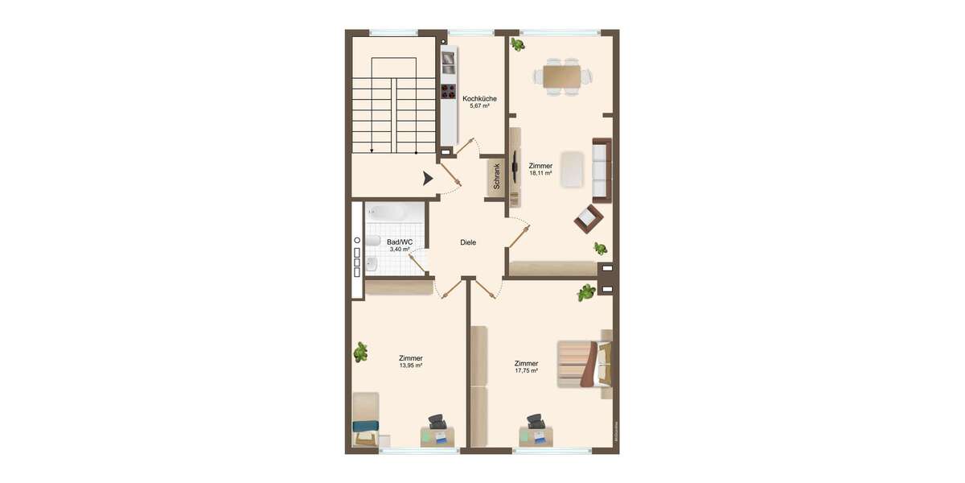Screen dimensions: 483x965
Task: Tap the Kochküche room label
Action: [479, 98]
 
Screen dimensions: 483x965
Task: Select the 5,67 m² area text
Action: [479, 105]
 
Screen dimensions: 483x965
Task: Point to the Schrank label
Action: [497, 176]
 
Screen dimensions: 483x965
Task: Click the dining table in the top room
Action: [562, 76]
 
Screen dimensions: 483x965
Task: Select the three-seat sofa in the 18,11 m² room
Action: [602, 170]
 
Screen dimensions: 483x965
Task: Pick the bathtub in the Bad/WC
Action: [389, 213]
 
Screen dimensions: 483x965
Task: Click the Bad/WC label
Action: [400, 242]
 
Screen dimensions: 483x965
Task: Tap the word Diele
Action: [468, 242]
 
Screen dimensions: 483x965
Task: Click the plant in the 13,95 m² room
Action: [361, 351]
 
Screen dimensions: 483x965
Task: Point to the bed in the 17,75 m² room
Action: [585, 364]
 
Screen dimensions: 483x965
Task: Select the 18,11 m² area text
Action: [540, 173]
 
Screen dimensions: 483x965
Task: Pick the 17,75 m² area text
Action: [526, 370]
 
